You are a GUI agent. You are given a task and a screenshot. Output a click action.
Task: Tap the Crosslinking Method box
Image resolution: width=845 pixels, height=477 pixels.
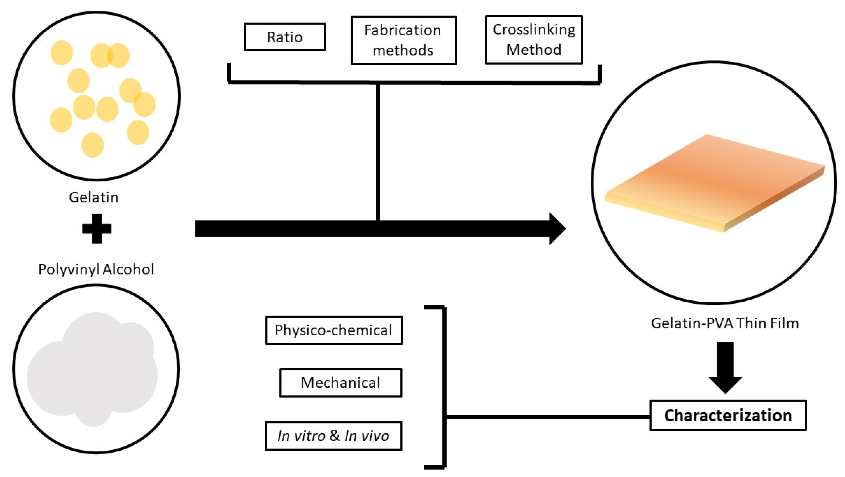pos(534,39)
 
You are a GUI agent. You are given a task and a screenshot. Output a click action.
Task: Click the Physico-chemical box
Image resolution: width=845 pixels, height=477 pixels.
pos(334,330)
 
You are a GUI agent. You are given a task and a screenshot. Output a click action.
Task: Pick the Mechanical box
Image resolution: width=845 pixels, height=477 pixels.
pos(340,383)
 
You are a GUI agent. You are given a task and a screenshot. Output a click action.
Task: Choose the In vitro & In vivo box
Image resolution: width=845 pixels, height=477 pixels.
pos(333,436)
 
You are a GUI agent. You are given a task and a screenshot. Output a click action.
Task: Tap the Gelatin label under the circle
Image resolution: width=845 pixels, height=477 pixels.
pos(94,197)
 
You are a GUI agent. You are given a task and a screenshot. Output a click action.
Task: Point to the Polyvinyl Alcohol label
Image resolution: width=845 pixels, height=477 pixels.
pos(96,269)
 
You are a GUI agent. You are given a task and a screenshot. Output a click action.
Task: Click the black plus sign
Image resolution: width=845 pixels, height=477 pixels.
pos(97,229)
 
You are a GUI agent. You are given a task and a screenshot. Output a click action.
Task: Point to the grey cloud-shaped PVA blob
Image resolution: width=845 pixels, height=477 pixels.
pos(92,371)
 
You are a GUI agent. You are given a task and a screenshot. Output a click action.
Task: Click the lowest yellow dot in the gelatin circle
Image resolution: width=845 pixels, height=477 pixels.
pos(93,145)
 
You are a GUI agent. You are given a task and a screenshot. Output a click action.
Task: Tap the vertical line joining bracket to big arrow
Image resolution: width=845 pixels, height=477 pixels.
pos(378,151)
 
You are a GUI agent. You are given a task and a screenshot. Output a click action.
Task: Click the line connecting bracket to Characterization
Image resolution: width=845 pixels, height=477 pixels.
pos(548,417)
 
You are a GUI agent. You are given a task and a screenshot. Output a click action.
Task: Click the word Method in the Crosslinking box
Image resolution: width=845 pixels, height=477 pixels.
pos(534,50)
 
